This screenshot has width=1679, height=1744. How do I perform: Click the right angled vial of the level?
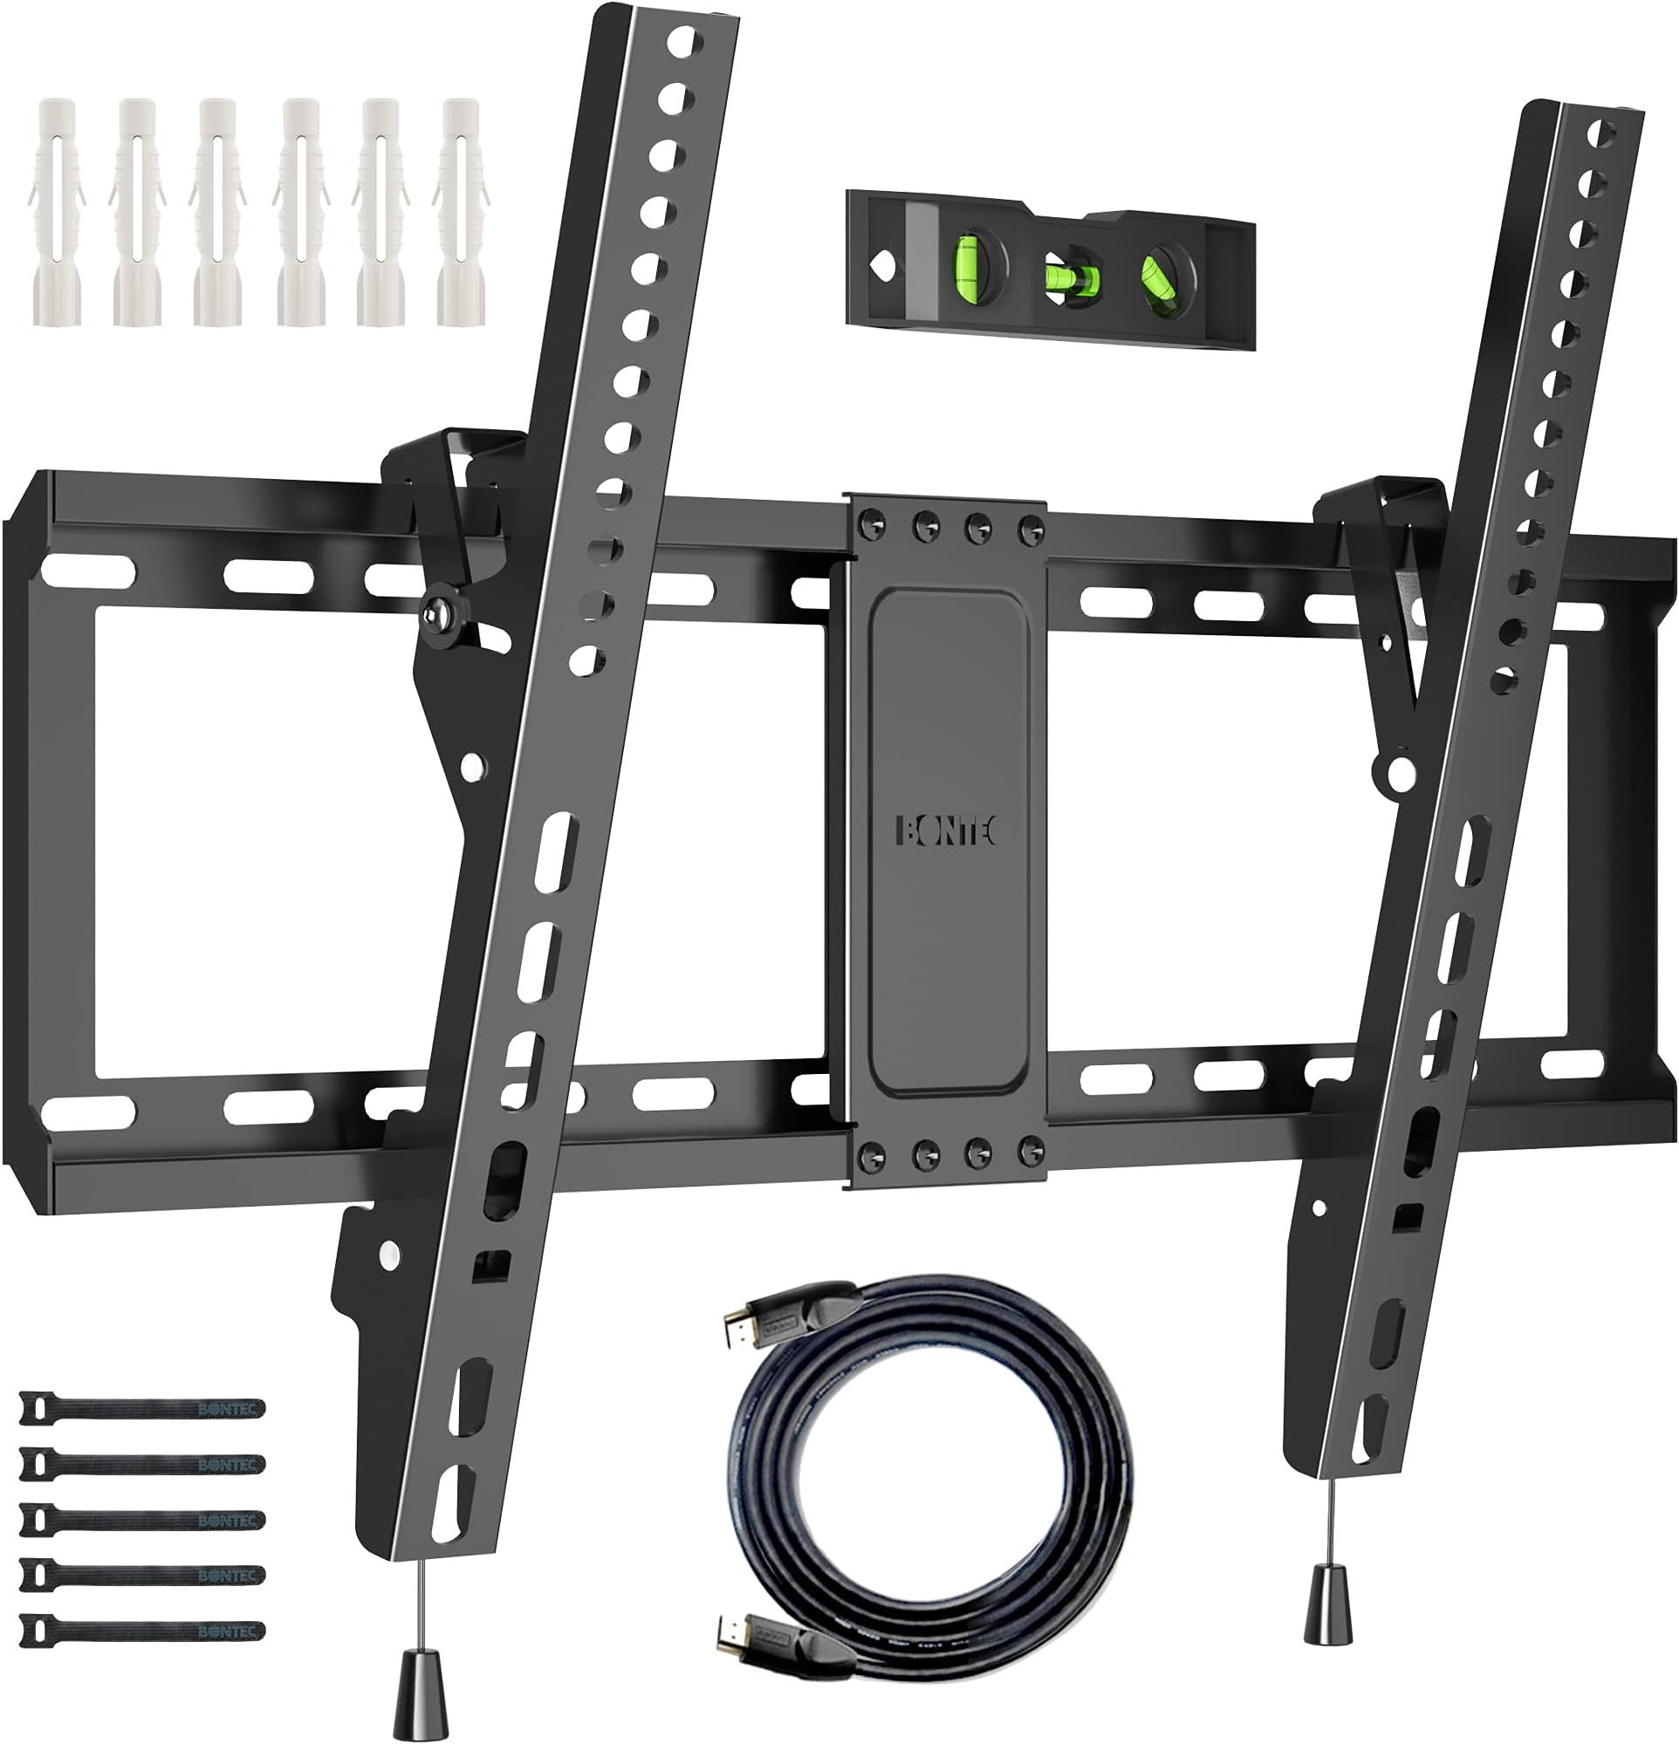point(1163,276)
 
